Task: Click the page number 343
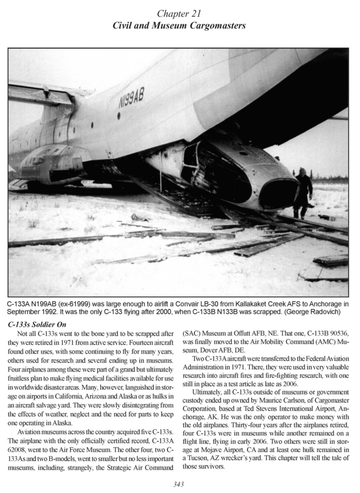(179, 484)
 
